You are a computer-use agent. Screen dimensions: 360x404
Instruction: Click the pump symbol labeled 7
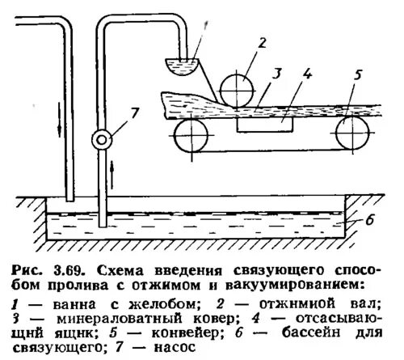coord(101,138)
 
